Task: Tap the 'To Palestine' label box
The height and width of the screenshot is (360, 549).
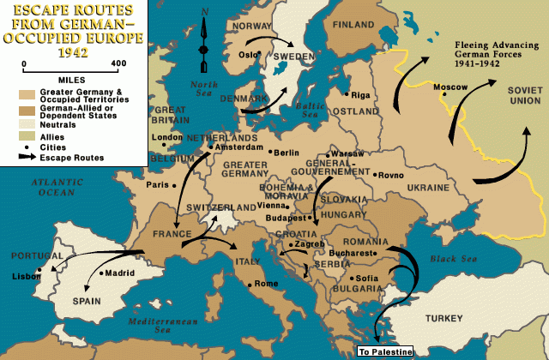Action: pyautogui.click(x=385, y=351)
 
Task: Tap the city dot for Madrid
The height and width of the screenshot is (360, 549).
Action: pyautogui.click(x=101, y=273)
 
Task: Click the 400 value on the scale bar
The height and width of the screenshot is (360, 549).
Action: pyautogui.click(x=118, y=63)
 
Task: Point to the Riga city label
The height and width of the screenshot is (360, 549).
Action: pyautogui.click(x=361, y=95)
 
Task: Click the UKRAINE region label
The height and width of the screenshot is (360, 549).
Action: pyautogui.click(x=427, y=187)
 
